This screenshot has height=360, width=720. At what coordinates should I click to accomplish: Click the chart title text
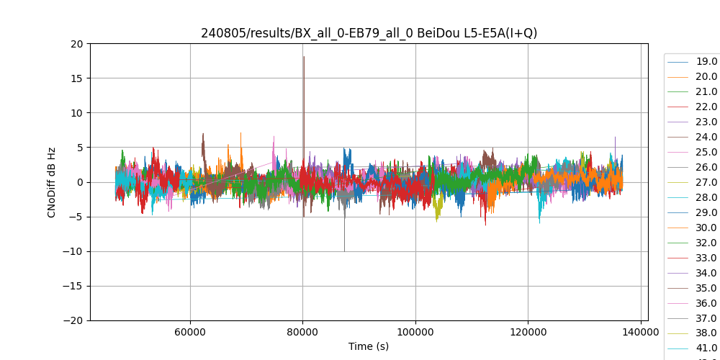coord(369,33)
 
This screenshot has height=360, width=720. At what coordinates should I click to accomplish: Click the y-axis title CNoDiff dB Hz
coord(52,182)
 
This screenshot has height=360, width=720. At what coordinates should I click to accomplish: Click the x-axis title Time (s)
coord(369,346)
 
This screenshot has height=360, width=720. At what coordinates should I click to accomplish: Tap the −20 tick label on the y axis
coord(73,320)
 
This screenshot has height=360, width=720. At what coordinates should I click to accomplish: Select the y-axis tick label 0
coord(81,182)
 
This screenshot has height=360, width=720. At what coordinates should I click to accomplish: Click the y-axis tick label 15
coord(76,78)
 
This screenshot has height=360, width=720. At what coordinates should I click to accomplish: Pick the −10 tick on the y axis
coord(73,251)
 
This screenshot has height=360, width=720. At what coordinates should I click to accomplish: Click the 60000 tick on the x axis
coord(190,333)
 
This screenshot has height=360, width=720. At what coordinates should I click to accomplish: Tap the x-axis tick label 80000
coord(302,333)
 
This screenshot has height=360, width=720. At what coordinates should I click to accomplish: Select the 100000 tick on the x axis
coord(415,333)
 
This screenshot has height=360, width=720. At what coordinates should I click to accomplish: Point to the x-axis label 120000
coord(528,333)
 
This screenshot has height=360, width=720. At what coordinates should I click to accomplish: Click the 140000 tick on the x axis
coord(641,333)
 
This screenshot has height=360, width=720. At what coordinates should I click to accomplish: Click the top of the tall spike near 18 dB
coord(304,56)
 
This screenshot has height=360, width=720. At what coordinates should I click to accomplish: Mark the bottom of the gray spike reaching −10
coord(344,251)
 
